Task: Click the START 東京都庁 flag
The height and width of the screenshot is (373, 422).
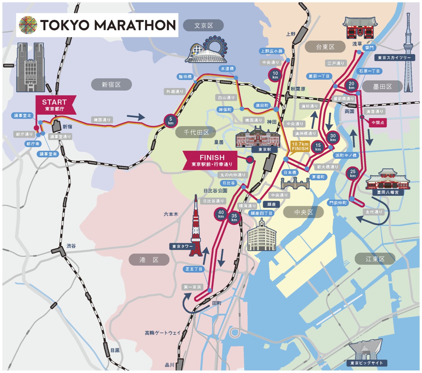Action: point(55,105)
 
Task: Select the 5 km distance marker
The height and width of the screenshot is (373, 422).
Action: point(171,121)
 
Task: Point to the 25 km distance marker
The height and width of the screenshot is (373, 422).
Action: point(352,173)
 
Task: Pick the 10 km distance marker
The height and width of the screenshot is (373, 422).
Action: point(275,75)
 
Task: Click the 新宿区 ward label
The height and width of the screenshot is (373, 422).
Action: point(111,84)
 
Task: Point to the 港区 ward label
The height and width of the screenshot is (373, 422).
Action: point(149,260)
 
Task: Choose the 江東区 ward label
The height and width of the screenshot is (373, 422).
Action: point(375,259)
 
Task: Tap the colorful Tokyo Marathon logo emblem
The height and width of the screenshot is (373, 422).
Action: point(28,25)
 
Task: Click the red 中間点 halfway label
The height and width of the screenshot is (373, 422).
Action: point(377,122)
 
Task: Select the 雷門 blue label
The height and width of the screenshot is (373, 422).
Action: point(369,48)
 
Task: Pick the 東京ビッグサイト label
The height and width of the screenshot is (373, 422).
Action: point(367,363)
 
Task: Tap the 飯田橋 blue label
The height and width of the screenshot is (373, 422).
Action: point(185,77)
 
